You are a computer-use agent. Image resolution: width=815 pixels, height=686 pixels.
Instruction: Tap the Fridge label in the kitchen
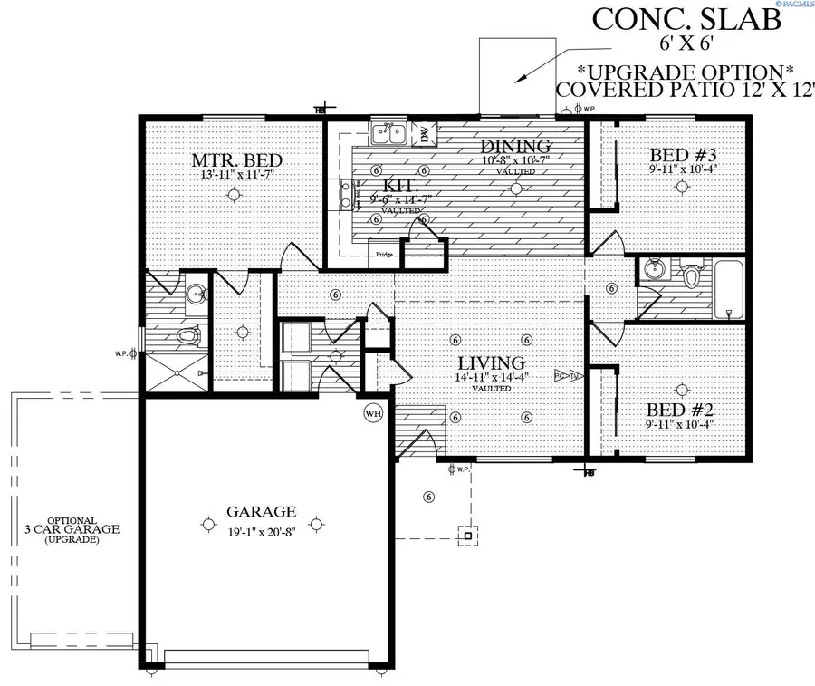383,255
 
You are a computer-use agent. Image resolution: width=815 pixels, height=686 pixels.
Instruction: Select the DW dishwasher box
423,136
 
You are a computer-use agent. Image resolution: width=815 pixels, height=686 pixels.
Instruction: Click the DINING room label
515,147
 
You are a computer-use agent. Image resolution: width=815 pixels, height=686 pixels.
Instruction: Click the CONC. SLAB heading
685,20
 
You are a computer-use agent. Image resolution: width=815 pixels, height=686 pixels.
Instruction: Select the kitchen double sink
389,135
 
